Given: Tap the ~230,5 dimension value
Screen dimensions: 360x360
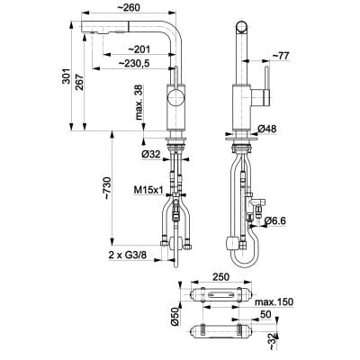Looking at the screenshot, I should pyautogui.click(x=135, y=63).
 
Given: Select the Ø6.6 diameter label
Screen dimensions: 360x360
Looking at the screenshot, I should pyautogui.click(x=273, y=218).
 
